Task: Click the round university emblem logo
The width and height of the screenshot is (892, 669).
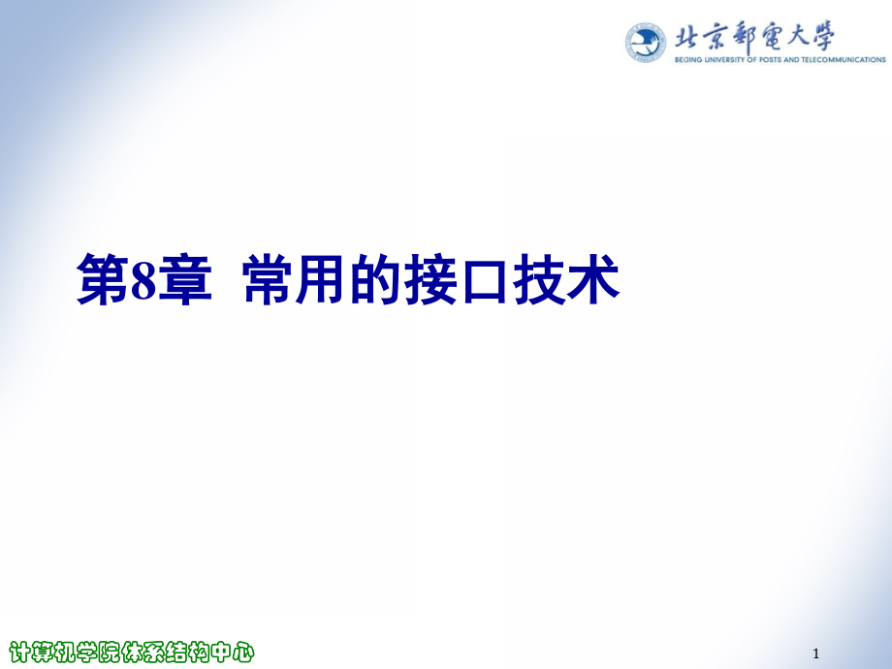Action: click(645, 42)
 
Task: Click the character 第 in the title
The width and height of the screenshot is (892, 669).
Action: click(103, 279)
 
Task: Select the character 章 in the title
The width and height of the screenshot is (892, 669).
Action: click(185, 279)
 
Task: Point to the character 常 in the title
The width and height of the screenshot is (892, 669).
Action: click(269, 279)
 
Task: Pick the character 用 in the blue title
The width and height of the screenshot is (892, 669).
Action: click(322, 279)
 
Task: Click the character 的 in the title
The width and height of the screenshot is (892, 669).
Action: click(376, 279)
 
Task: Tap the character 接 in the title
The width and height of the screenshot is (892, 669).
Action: click(430, 279)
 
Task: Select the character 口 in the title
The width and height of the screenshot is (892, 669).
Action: click(485, 280)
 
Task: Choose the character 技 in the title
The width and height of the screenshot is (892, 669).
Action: click(539, 279)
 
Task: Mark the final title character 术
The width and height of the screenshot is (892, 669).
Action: click(592, 279)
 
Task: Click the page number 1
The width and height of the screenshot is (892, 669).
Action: click(816, 653)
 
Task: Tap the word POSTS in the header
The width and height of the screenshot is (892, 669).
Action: click(769, 60)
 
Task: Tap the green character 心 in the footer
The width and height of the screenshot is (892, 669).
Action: click(243, 652)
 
